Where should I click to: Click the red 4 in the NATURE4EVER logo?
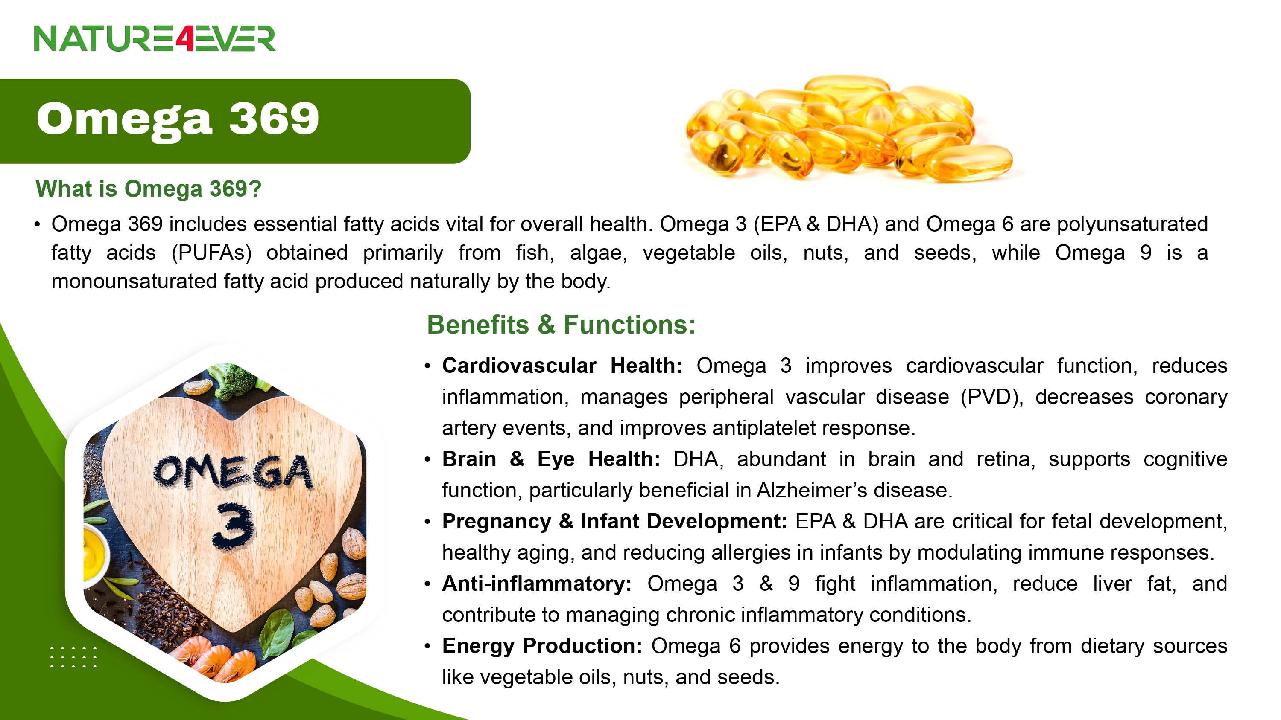click(184, 39)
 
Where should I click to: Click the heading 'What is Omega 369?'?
click(148, 189)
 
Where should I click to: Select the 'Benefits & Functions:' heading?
click(561, 325)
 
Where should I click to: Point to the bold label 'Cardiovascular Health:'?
click(562, 366)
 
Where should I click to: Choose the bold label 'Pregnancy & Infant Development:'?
click(614, 522)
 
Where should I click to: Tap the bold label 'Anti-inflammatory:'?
click(537, 584)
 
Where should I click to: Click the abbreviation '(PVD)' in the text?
click(991, 398)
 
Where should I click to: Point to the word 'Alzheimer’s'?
click(812, 491)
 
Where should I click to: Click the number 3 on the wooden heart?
click(233, 526)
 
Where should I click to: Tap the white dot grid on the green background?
click(73, 657)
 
